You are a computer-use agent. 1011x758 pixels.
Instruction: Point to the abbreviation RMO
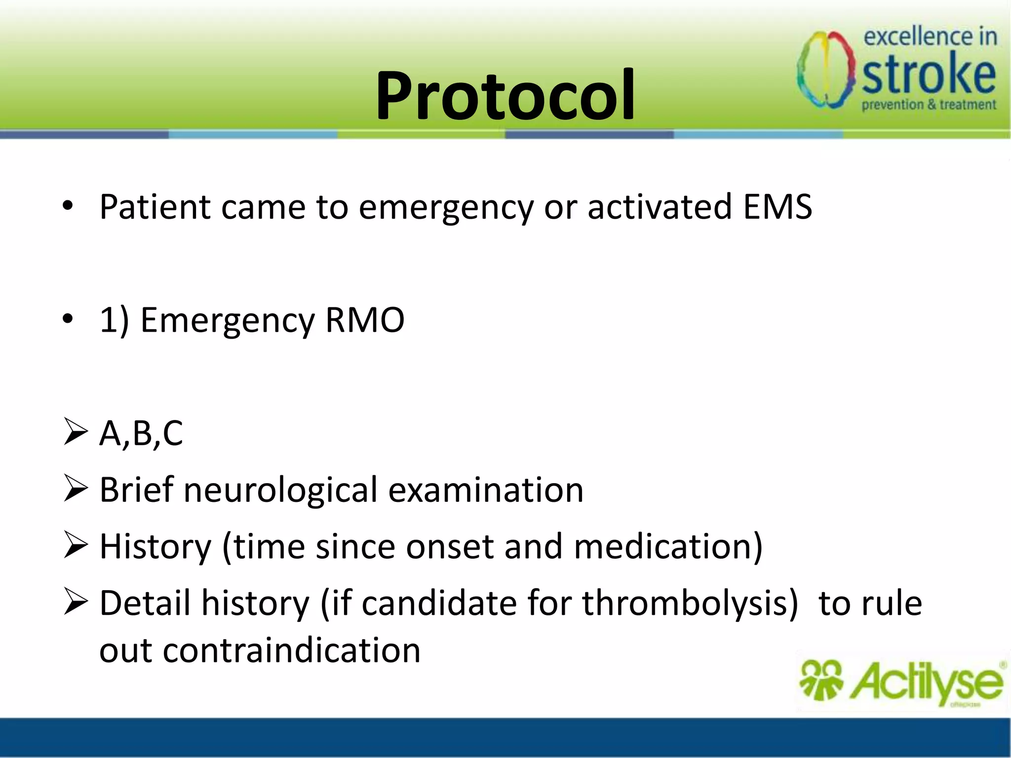coord(364,320)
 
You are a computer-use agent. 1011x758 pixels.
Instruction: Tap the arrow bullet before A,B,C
coord(76,432)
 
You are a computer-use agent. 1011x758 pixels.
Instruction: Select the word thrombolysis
coord(689,603)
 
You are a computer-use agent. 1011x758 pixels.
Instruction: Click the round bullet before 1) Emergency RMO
coord(68,319)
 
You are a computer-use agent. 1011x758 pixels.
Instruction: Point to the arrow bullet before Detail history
coord(76,603)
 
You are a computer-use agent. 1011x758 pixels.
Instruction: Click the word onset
coord(449,546)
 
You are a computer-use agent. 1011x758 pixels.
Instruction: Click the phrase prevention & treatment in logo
coord(929,105)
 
